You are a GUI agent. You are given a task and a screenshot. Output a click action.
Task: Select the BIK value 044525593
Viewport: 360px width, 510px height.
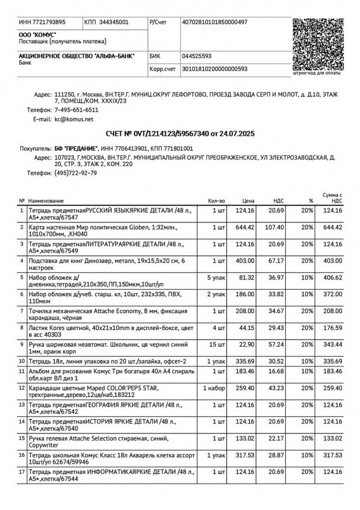[197, 56]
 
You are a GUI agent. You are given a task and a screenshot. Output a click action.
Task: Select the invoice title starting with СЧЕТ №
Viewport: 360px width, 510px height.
[180, 133]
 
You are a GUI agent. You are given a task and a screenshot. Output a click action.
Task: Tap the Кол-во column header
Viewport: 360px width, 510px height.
[217, 201]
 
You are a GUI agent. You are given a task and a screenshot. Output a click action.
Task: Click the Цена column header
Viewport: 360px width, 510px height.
[249, 201]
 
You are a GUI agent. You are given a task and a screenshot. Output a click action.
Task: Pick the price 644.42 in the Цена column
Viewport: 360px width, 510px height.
[245, 227]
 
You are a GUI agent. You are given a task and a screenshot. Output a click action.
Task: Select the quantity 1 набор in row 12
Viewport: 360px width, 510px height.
[214, 388]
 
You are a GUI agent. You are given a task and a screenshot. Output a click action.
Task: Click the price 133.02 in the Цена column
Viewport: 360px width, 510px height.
[245, 438]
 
